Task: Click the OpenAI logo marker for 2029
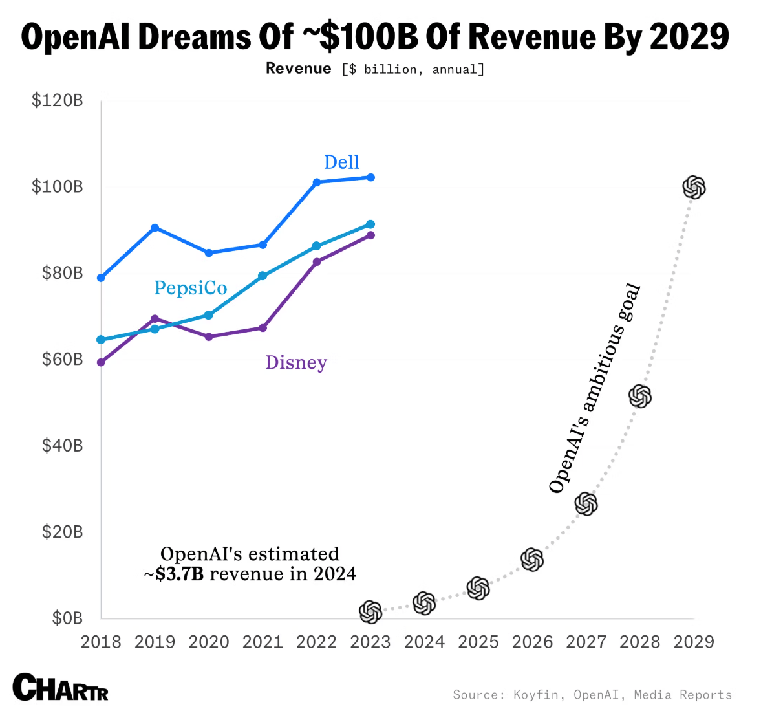click(x=694, y=188)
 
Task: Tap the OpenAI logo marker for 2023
click(x=370, y=612)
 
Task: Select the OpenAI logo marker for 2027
click(x=586, y=503)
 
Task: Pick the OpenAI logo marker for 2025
click(x=478, y=589)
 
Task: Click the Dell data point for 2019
click(x=155, y=228)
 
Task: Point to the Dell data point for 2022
click(x=317, y=182)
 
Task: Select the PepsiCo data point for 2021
click(x=263, y=276)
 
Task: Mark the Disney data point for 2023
click(x=370, y=235)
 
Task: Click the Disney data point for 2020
click(x=209, y=337)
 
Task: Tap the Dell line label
click(x=341, y=162)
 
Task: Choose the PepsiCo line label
click(x=191, y=288)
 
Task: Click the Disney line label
click(x=296, y=362)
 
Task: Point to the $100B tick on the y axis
click(x=58, y=187)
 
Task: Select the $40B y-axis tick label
click(x=62, y=445)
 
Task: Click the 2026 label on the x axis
click(x=532, y=642)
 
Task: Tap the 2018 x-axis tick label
click(x=101, y=642)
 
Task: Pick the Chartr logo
click(x=60, y=688)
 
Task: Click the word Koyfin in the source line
click(x=536, y=695)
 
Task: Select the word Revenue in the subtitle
click(x=299, y=69)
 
